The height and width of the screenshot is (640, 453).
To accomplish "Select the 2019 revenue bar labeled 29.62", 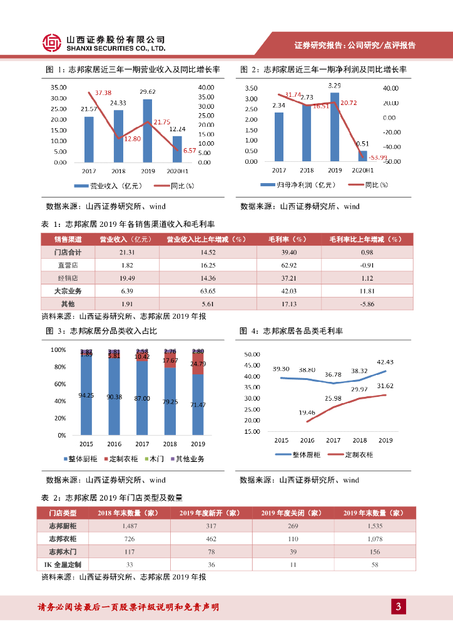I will click(148, 131).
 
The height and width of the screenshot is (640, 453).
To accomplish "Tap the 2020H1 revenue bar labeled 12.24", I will click(177, 149).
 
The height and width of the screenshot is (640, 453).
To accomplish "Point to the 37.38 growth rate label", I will click(99, 92).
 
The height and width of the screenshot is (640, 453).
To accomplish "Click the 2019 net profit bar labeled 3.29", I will click(335, 127).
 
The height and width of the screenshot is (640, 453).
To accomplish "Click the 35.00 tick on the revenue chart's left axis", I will click(59, 87).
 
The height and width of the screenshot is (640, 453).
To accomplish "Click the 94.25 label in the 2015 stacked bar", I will click(86, 395).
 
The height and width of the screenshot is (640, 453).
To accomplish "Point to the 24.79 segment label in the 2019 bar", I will click(198, 364).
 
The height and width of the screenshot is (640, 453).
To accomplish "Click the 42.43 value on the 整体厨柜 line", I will click(384, 362).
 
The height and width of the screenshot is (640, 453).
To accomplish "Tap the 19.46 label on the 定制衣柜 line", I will click(307, 412).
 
